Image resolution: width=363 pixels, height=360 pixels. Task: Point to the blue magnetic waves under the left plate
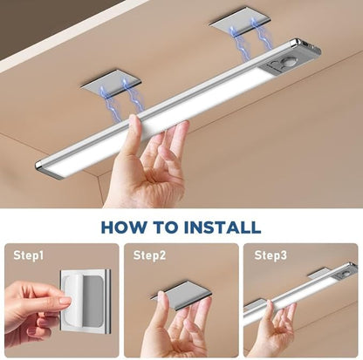click(122, 98)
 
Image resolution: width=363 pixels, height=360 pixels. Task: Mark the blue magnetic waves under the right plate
click(241, 44)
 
